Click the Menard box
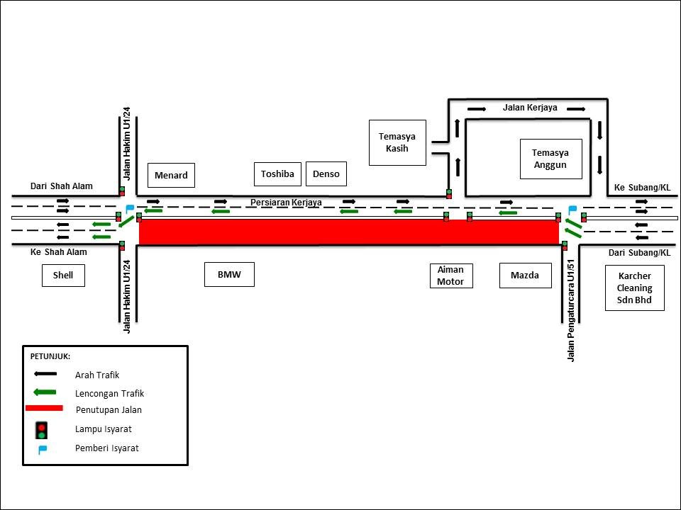click(171, 175)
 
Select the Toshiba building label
click(278, 174)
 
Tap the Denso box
click(326, 174)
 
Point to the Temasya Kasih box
click(397, 142)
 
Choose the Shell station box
click(63, 275)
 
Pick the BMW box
click(229, 274)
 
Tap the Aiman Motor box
click(450, 276)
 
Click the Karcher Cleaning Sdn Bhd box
click(635, 288)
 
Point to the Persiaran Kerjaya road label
click(286, 203)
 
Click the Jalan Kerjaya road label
click(530, 108)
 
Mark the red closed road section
click(349, 232)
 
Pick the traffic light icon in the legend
click(42, 429)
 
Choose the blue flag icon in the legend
click(43, 449)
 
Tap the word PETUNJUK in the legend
click(50, 356)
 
